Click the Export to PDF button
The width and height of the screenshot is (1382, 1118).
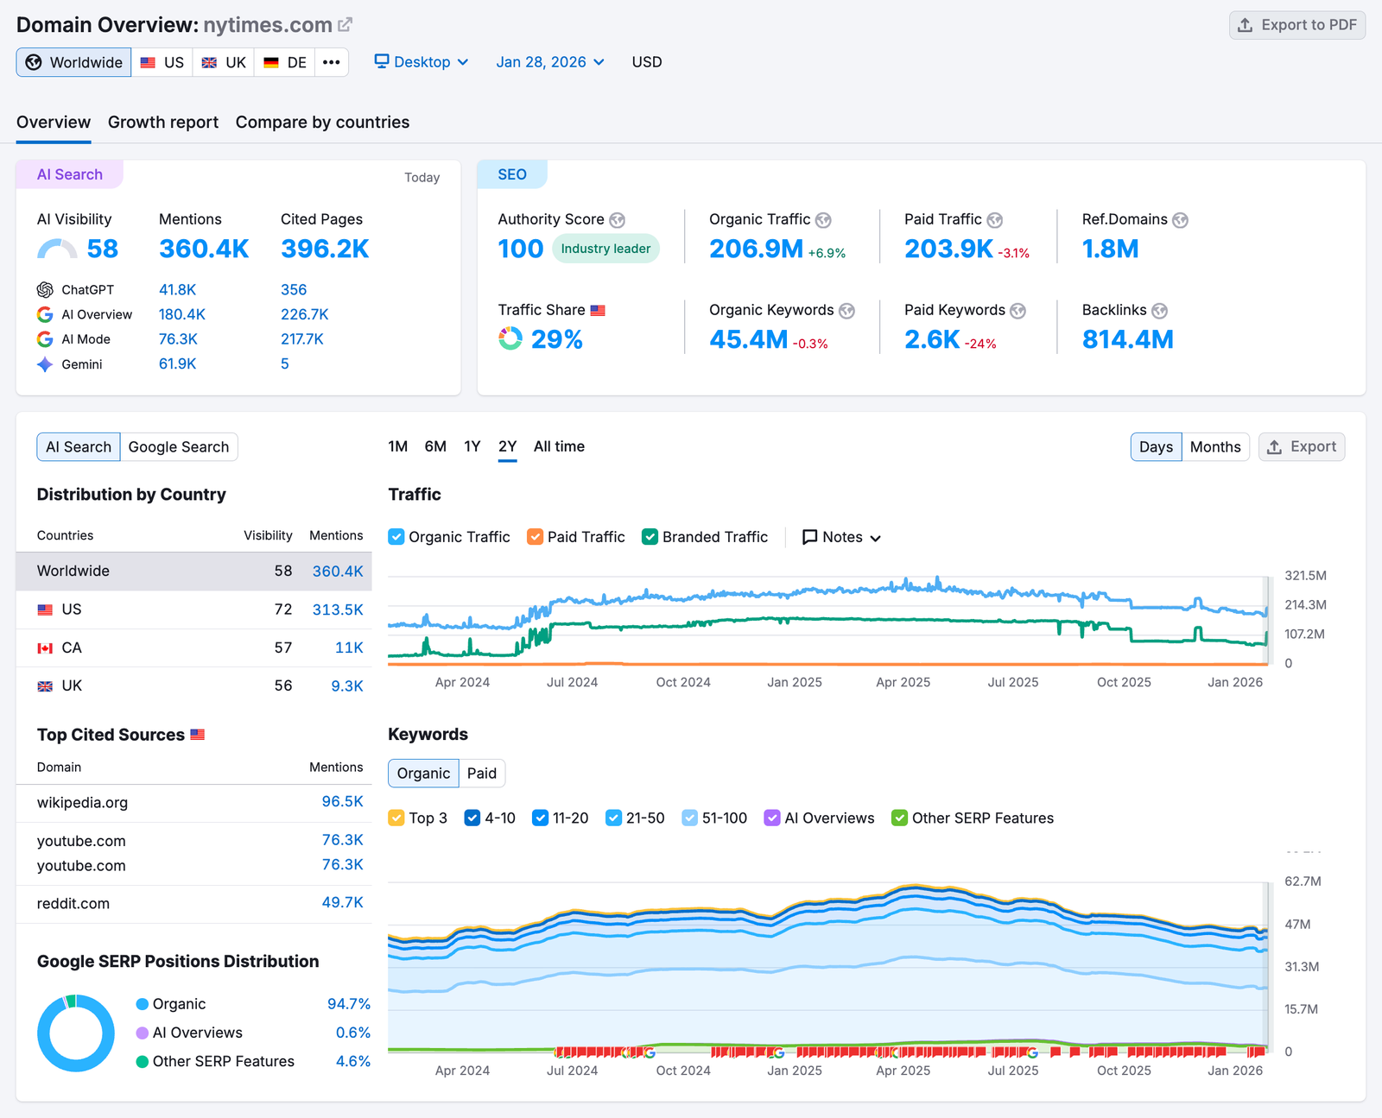1296,25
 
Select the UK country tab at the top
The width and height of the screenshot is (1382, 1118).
224,62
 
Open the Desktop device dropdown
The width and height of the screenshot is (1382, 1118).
422,62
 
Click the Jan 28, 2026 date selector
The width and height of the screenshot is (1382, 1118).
549,62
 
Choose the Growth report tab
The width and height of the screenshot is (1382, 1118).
162,123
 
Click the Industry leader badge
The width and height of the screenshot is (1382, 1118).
605,249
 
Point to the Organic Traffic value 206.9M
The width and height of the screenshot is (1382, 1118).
756,249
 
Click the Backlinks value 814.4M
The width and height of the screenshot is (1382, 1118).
1127,340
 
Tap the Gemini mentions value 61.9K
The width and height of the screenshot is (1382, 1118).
177,364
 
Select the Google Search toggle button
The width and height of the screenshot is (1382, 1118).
179,447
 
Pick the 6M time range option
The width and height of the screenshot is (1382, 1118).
435,446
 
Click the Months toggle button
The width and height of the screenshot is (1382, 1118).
1214,447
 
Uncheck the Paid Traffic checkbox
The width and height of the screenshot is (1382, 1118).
536,537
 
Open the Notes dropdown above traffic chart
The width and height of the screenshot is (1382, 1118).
842,537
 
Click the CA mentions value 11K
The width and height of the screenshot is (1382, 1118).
349,647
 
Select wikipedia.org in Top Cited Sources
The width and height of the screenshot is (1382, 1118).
82,803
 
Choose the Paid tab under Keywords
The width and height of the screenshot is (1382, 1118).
481,774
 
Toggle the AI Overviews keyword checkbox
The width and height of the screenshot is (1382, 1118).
772,818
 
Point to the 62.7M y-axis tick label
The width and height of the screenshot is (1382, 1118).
1303,881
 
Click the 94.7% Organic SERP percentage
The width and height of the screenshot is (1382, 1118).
348,1004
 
